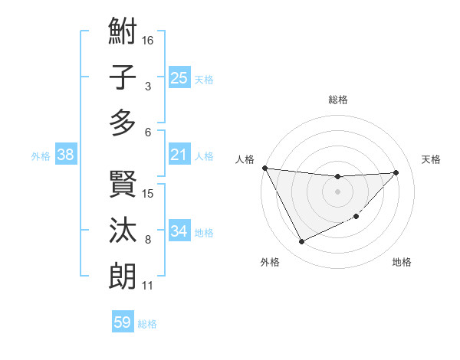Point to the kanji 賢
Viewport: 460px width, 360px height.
click(x=123, y=184)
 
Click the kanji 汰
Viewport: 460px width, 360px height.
click(x=123, y=230)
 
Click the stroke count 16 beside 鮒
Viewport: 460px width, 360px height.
click(x=149, y=40)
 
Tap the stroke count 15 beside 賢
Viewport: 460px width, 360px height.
click(x=149, y=193)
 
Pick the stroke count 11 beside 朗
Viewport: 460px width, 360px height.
click(x=148, y=286)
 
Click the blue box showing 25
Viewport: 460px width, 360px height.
click(x=179, y=78)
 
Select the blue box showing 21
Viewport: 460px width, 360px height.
click(x=179, y=155)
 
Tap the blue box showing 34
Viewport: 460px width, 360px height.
click(x=179, y=232)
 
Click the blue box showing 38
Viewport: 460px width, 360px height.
click(x=65, y=155)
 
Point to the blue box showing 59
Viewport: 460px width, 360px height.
click(x=122, y=322)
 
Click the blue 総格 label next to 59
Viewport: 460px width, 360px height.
click(x=147, y=324)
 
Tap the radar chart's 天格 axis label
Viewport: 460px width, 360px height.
click(x=432, y=159)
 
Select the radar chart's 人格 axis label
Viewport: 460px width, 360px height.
click(x=245, y=159)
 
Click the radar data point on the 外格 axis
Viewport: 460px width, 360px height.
click(x=301, y=242)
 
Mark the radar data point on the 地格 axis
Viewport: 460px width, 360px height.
click(x=356, y=217)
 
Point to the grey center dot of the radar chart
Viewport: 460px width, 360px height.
click(x=337, y=191)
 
